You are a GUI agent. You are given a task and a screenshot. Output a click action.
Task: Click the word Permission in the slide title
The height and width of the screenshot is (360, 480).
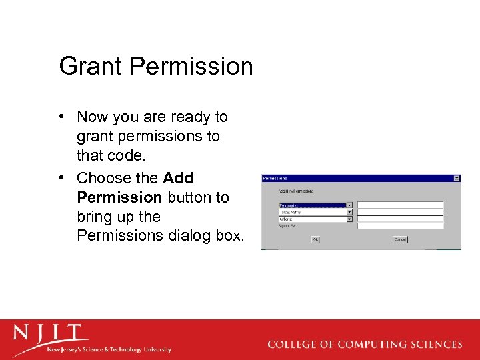tap(191, 67)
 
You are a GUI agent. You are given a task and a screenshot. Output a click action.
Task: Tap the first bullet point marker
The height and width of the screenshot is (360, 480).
tap(62, 117)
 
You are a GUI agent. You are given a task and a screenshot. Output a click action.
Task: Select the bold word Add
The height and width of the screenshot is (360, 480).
tap(178, 178)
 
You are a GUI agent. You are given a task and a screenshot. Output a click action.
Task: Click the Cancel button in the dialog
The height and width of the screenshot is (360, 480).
tap(400, 239)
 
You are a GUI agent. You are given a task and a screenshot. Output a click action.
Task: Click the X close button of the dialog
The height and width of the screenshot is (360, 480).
tap(457, 178)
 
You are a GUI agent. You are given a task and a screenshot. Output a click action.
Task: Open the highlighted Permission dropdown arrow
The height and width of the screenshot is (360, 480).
tap(349, 205)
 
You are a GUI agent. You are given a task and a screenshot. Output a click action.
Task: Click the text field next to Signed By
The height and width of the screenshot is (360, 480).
tap(400, 226)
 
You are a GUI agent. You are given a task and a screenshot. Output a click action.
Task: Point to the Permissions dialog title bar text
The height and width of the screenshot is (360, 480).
tap(275, 178)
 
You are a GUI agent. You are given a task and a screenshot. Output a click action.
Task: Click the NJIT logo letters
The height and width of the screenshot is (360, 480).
tap(50, 333)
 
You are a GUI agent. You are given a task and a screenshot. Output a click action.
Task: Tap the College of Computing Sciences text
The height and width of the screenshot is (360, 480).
tap(364, 345)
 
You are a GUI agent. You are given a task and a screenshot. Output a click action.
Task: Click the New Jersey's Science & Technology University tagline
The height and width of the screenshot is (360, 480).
tap(109, 349)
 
